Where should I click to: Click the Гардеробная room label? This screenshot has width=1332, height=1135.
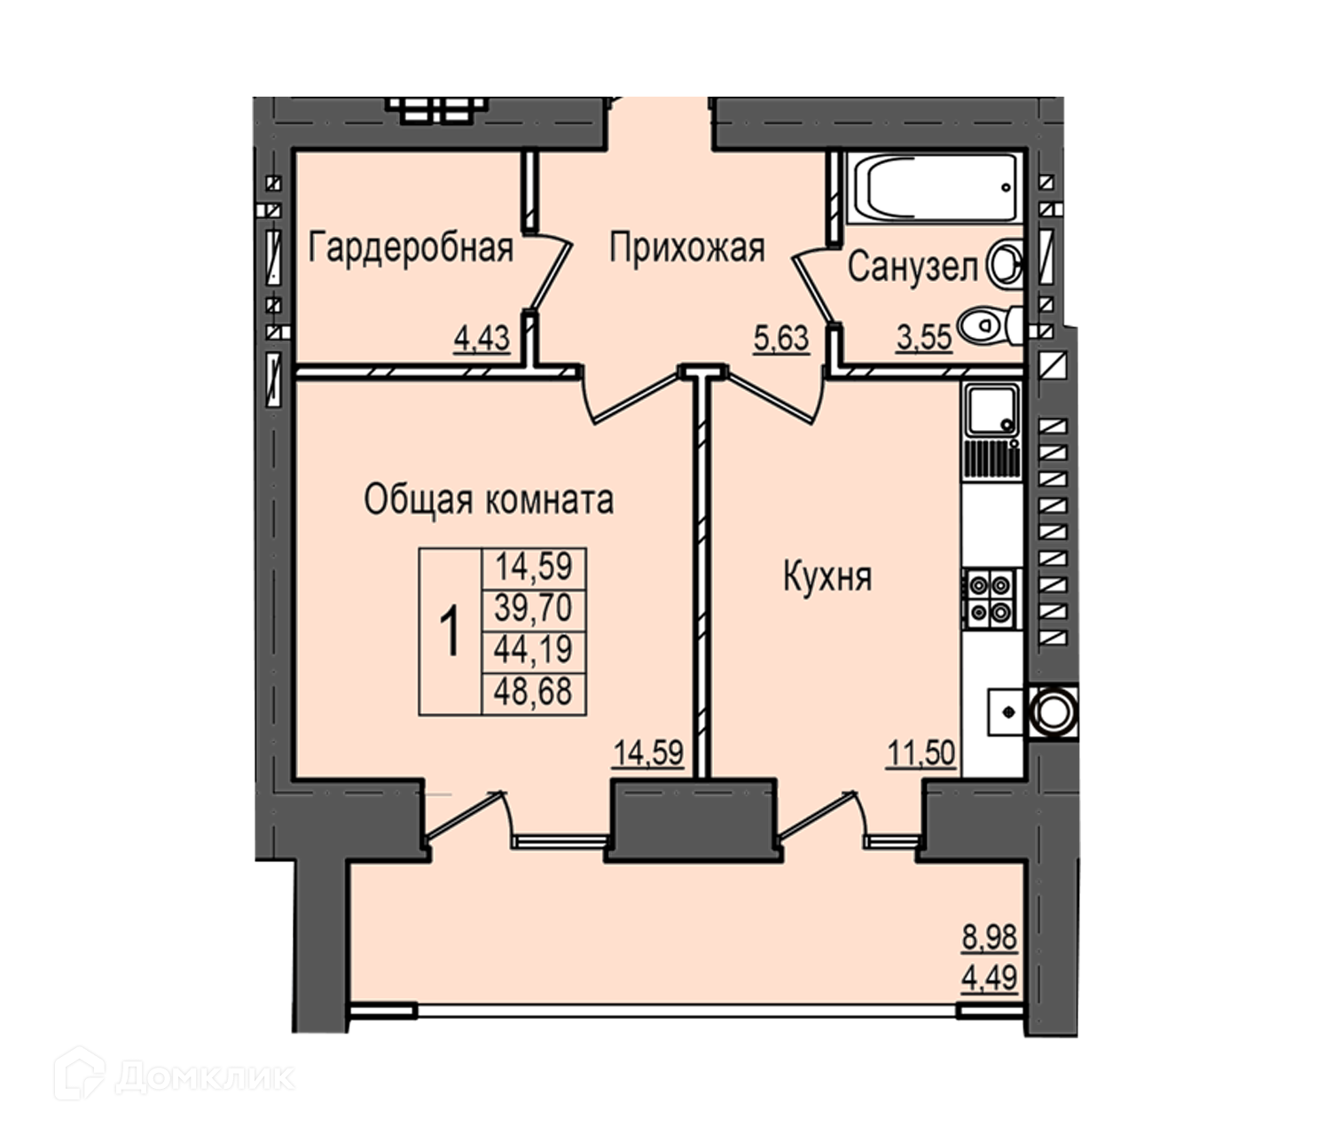point(411,248)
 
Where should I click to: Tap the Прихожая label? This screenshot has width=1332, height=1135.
point(687,248)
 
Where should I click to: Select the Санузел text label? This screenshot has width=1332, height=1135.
point(913,267)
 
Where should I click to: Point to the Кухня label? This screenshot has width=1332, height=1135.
point(827,576)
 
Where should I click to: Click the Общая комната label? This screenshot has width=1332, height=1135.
point(490,499)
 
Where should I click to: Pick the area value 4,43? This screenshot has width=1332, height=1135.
point(482,339)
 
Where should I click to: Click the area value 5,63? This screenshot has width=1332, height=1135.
point(781,339)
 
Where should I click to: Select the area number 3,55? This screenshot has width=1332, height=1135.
point(924,339)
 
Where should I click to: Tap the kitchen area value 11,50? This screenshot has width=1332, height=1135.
point(921,754)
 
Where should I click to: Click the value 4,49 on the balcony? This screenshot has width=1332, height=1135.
point(989,978)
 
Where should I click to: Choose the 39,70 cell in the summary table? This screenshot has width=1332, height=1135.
point(534,607)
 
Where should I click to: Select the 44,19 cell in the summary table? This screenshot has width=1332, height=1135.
point(534,650)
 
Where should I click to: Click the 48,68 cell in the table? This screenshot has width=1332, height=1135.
point(534,693)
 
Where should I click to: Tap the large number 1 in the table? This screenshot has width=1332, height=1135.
point(450,631)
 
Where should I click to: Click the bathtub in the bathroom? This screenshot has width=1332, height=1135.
point(935,188)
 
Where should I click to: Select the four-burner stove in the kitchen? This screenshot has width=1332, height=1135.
point(990,598)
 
